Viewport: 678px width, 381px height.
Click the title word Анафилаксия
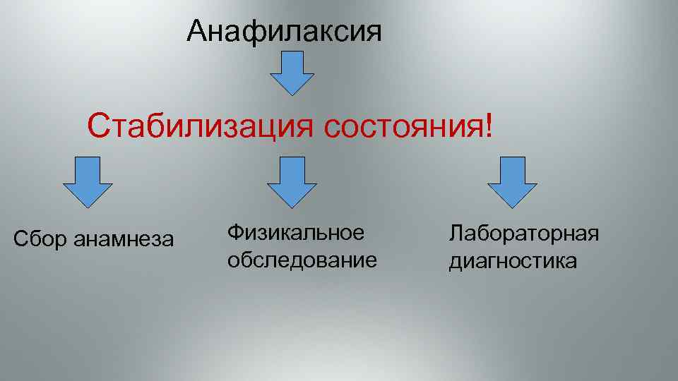click(x=284, y=31)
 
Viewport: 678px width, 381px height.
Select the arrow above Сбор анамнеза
click(x=88, y=181)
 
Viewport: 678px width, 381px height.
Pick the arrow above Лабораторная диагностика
click(x=512, y=181)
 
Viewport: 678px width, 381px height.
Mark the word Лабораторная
click(x=524, y=233)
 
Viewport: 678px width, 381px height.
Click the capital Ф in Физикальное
click(x=236, y=232)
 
